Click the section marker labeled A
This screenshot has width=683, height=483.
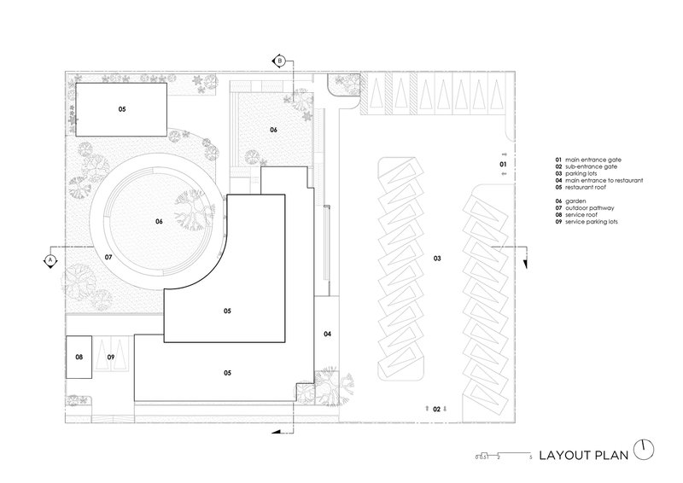point(50,258)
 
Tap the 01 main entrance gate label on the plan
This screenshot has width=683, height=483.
point(504,163)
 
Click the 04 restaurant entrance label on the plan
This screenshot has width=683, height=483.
point(327,334)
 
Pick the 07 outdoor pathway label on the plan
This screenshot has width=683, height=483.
point(108,257)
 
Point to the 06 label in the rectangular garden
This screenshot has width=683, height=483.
point(274,130)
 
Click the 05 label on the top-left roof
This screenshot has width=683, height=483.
point(121,109)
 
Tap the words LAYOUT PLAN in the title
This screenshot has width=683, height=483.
point(582,454)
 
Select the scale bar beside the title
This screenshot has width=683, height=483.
point(505,455)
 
